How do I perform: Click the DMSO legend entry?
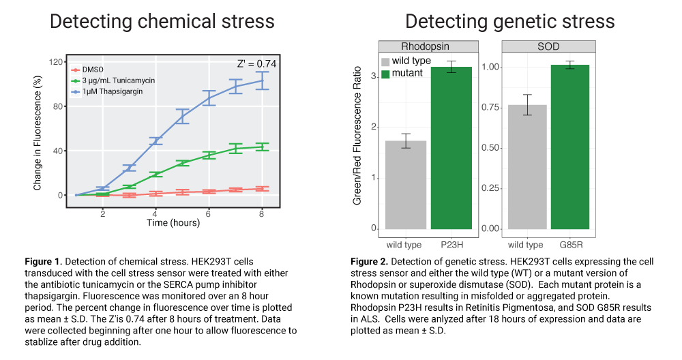[x=87, y=70]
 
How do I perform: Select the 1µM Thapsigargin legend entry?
[x=107, y=91]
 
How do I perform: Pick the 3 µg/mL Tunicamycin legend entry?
[x=113, y=80]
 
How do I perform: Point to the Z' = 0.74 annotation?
[x=256, y=64]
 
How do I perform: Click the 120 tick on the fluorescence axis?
[x=56, y=62]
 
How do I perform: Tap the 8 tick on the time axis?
[x=261, y=214]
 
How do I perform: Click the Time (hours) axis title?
[x=173, y=222]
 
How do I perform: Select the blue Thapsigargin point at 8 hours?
[x=262, y=80]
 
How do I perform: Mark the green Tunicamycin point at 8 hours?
[x=262, y=147]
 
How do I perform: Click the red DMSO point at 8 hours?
[x=262, y=189]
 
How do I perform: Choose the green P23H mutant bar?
[x=451, y=148]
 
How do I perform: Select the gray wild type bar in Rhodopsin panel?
[x=406, y=185]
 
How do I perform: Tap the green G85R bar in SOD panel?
[x=569, y=147]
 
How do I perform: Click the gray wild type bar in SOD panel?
[x=527, y=167]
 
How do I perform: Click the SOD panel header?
[x=548, y=46]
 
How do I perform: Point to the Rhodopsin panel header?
[x=428, y=46]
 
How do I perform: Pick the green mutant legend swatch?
[x=385, y=74]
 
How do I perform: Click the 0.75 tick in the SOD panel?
[x=490, y=108]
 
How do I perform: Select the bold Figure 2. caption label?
[x=369, y=261]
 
